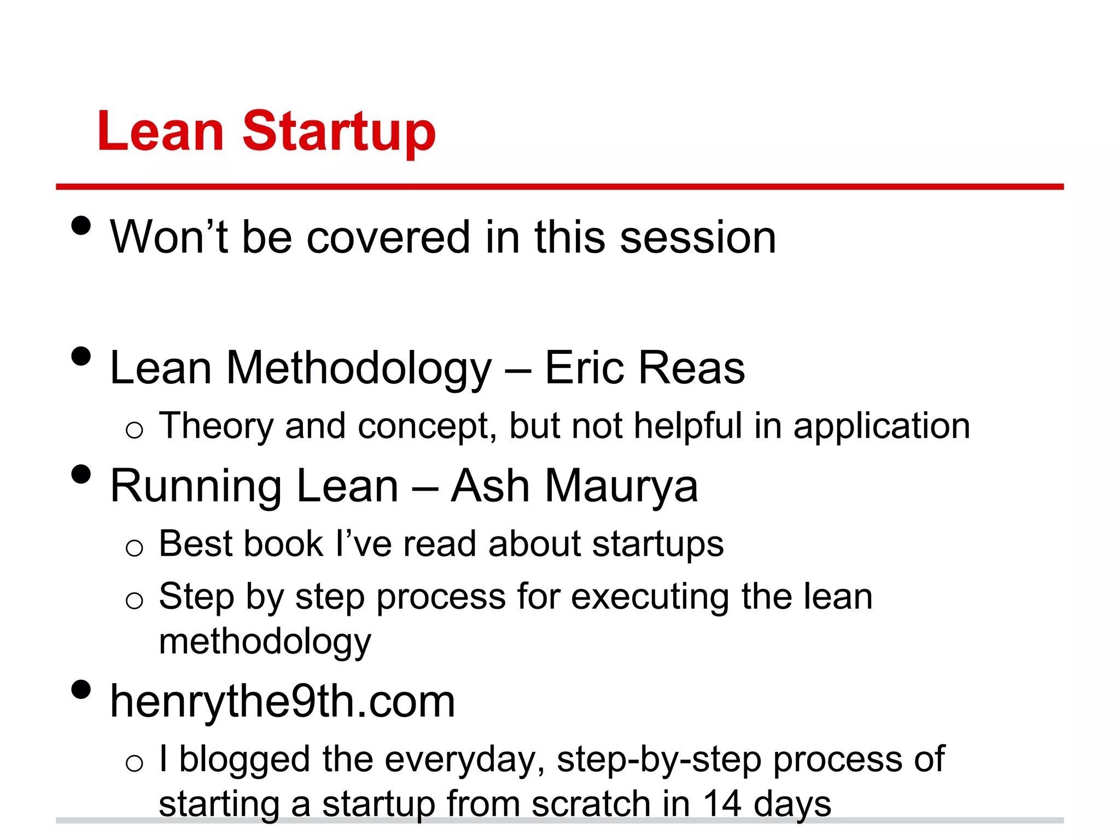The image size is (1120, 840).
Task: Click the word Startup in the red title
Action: coord(339,131)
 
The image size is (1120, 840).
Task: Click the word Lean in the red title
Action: coord(160,131)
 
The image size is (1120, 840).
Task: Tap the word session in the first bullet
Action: coord(698,237)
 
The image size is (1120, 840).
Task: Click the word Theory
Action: coord(215,427)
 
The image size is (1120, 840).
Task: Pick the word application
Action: coord(882,427)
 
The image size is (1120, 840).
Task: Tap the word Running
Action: coord(196,487)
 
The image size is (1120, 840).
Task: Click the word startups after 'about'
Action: coord(658,545)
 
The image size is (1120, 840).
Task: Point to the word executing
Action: coord(650,597)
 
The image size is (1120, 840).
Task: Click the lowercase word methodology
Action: coord(265,642)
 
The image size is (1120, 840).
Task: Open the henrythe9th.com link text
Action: coord(282,702)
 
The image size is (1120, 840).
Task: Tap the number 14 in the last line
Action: coord(722,804)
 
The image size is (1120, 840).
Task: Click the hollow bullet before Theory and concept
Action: coord(134,430)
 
